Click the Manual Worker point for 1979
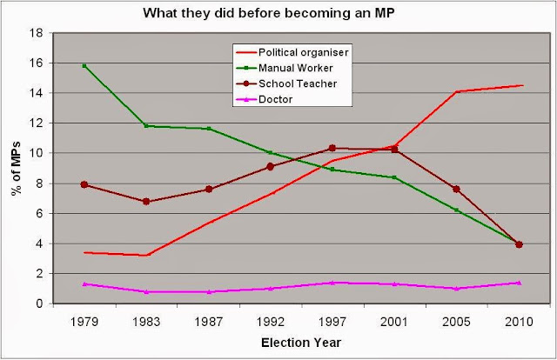[84, 65]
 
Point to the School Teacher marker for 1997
[332, 148]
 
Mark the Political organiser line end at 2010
[521, 85]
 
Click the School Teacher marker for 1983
[146, 201]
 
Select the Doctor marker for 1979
[84, 283]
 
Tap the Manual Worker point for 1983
[146, 126]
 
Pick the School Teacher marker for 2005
[457, 189]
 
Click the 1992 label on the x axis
[271, 320]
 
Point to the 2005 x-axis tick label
[457, 320]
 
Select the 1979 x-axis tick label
[84, 320]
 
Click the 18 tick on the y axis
[37, 33]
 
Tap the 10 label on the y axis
[37, 153]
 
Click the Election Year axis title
[301, 343]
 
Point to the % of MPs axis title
[15, 168]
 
